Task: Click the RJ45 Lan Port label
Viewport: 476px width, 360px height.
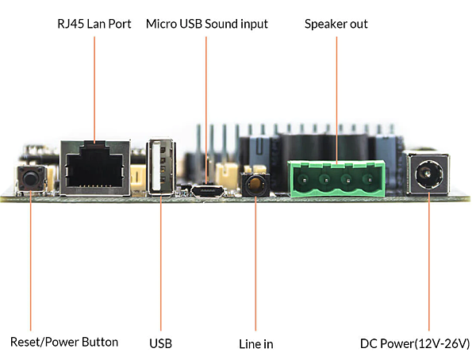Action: pos(94,24)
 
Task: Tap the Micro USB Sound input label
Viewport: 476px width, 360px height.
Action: pos(207,25)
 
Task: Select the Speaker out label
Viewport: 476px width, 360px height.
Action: pos(336,25)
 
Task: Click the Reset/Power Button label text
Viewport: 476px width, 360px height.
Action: pos(64,342)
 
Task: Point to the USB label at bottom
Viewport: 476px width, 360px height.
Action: pos(160,343)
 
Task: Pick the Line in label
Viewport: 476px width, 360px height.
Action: pos(256,344)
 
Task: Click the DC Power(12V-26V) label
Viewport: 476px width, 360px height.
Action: pos(415,343)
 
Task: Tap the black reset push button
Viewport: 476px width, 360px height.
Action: pos(30,178)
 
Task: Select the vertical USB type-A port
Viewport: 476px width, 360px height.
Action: pos(160,167)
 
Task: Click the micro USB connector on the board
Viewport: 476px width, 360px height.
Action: pos(208,191)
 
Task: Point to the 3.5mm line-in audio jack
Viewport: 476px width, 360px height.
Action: pos(255,184)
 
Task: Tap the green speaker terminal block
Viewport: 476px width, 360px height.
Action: pos(336,178)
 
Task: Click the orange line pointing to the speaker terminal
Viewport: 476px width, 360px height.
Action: pos(336,101)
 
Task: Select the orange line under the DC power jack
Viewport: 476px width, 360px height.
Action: pos(429,262)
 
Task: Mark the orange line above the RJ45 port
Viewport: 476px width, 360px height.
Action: pos(94,90)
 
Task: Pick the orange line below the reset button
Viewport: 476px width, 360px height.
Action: pos(31,261)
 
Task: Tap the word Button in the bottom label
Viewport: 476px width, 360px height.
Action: pos(100,342)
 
